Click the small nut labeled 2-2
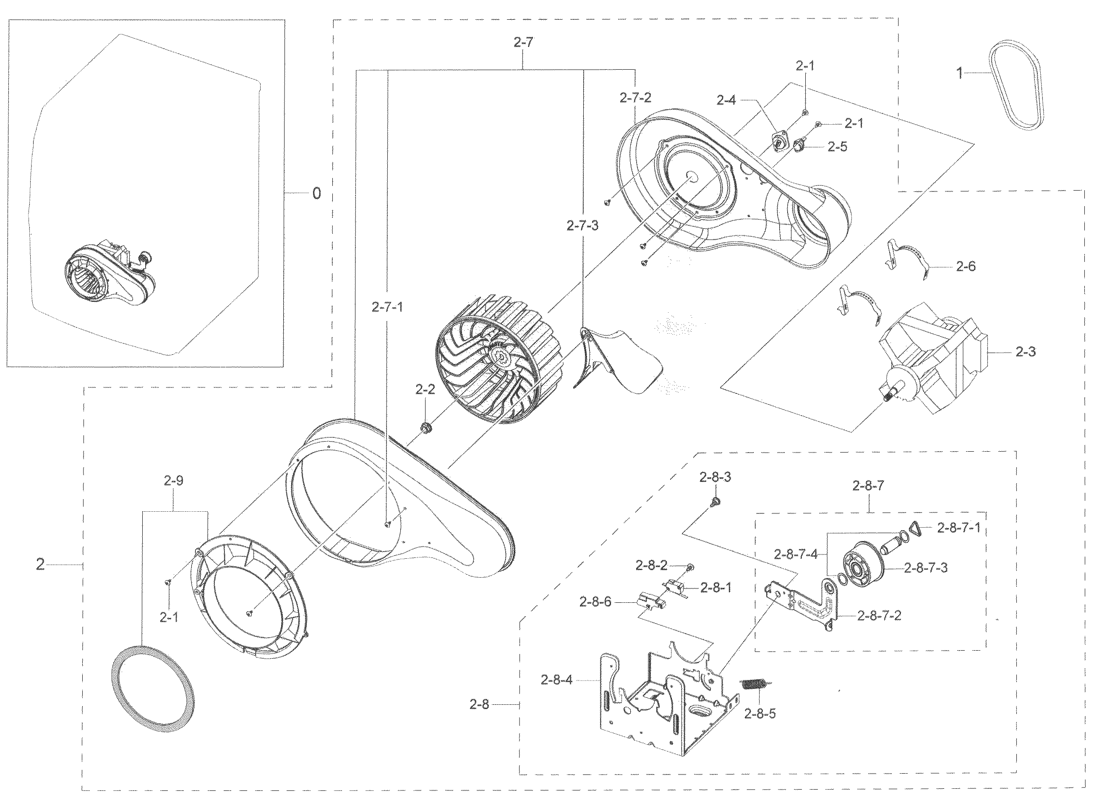point(426,427)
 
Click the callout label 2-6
point(966,267)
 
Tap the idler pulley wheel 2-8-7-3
point(860,568)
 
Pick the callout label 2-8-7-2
point(879,615)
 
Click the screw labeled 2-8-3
point(716,501)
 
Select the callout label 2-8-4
point(556,680)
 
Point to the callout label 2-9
point(174,481)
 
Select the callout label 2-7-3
point(582,226)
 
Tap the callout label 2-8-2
point(651,565)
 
